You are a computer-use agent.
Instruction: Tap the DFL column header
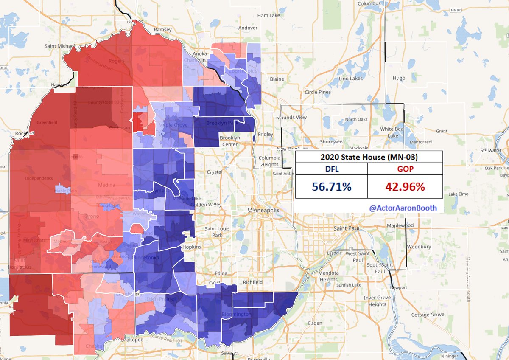click(331, 169)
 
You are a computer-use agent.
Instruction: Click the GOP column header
click(405, 169)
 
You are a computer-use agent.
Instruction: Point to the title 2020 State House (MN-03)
click(369, 157)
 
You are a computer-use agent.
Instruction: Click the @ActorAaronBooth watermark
click(403, 208)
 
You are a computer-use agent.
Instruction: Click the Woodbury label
click(419, 247)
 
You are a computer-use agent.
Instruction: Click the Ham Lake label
click(269, 15)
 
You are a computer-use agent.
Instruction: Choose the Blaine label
click(277, 79)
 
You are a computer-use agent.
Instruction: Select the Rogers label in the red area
click(117, 61)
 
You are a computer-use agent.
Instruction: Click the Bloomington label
click(237, 314)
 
